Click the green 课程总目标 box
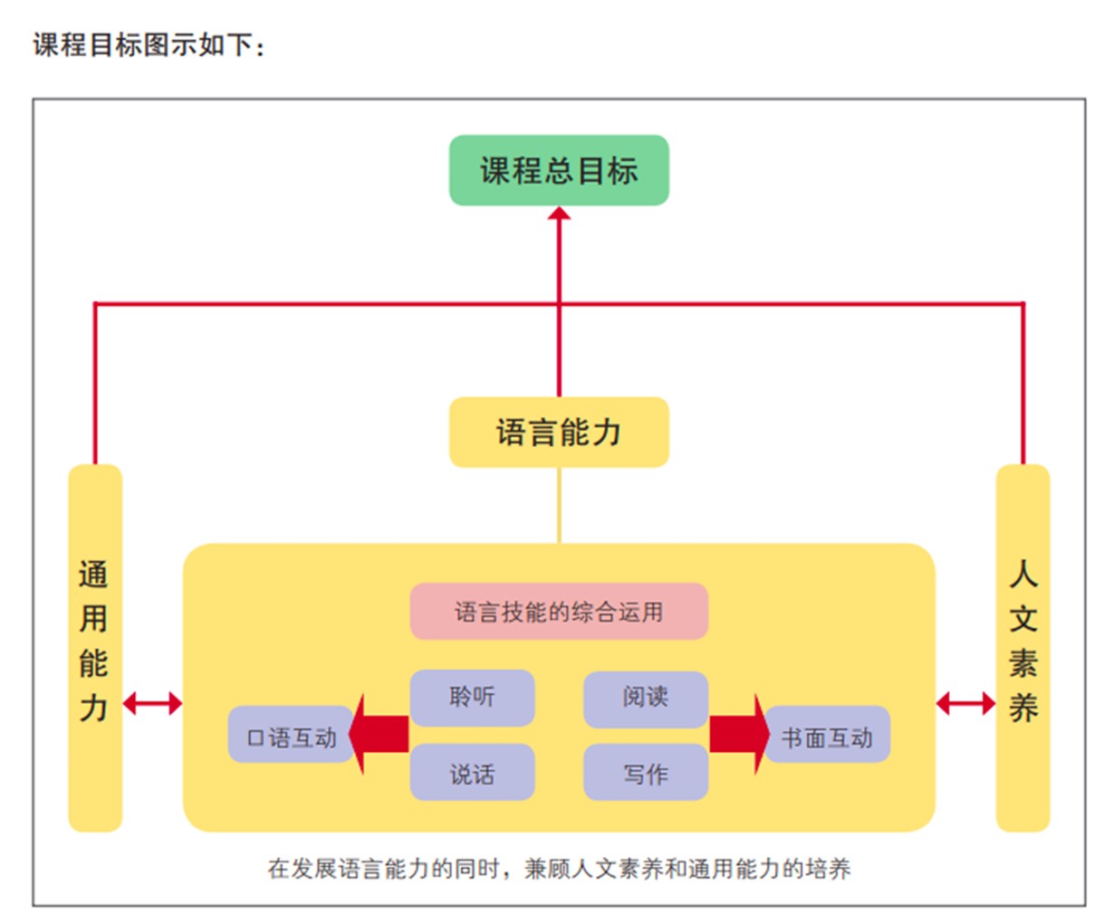[x=559, y=170]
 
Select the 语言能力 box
[x=559, y=432]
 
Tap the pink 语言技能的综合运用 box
[x=559, y=612]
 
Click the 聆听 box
[x=472, y=697]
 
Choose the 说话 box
[x=472, y=773]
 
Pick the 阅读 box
[x=645, y=697]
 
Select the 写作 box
[x=645, y=773]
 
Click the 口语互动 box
[x=290, y=736]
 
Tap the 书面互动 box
[x=827, y=736]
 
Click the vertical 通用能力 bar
[x=95, y=647]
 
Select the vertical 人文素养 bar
[x=1022, y=647]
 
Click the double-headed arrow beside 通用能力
[x=152, y=703]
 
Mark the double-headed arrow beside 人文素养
[x=965, y=703]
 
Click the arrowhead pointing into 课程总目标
[x=559, y=214]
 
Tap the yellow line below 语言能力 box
[x=559, y=505]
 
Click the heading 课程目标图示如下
[x=149, y=44]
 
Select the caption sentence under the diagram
[x=559, y=869]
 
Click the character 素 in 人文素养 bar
[x=1022, y=663]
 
